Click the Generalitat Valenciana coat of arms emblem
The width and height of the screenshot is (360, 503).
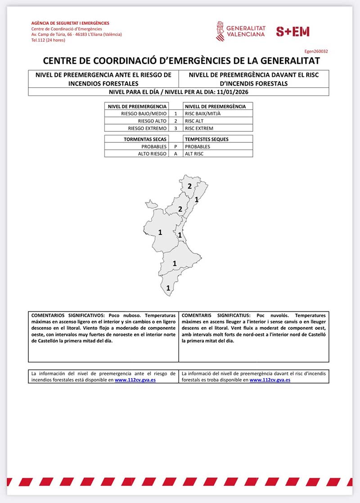220,31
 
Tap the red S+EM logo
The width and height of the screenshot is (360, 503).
292,31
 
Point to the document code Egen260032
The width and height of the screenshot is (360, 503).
316,52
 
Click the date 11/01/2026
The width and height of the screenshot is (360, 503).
234,92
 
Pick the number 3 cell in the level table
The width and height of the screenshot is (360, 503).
176,128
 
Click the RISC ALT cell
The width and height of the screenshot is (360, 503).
193,121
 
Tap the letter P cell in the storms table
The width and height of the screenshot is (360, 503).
176,147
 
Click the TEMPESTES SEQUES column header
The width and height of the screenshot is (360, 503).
207,139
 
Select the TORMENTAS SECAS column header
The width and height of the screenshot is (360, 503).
142,139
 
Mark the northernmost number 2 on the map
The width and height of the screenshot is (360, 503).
190,186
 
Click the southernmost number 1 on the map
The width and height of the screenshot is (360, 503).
168,288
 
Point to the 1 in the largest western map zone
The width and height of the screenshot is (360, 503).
160,233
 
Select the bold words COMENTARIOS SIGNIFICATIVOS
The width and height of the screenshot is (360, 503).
67,316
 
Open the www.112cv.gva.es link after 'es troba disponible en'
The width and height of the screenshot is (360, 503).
270,380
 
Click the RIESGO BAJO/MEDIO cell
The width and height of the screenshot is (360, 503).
140,114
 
